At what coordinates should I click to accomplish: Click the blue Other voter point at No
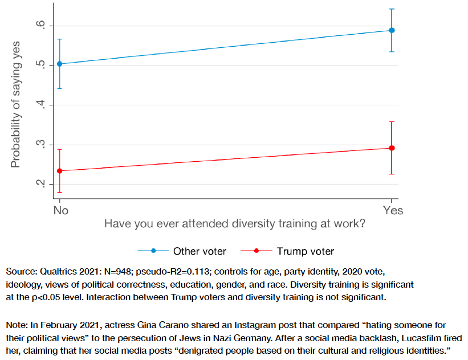59,64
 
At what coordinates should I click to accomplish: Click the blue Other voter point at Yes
392,30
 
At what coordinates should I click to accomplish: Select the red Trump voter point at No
59,170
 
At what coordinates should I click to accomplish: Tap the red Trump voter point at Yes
392,148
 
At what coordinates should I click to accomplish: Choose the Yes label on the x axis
393,211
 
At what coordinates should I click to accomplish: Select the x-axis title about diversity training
234,224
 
